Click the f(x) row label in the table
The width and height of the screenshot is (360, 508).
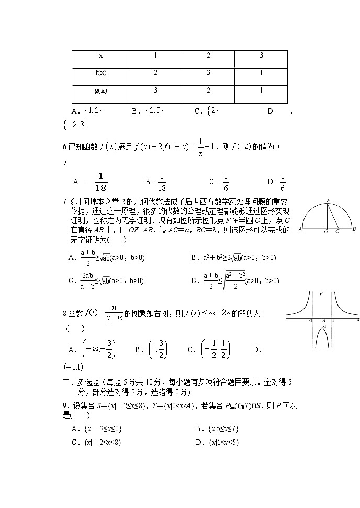(x=101, y=73)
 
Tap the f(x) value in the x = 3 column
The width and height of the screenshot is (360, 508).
(x=261, y=73)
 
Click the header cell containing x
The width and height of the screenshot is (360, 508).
(x=101, y=55)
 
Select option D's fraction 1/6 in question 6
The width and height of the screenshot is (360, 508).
(x=282, y=182)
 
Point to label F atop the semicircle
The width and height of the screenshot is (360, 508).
(x=328, y=200)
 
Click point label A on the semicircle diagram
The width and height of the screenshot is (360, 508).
(x=300, y=229)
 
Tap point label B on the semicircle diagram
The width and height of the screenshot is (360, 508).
(x=354, y=229)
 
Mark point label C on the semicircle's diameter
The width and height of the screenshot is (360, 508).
(x=337, y=231)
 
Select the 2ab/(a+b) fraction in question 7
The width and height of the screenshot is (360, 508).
(x=87, y=280)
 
